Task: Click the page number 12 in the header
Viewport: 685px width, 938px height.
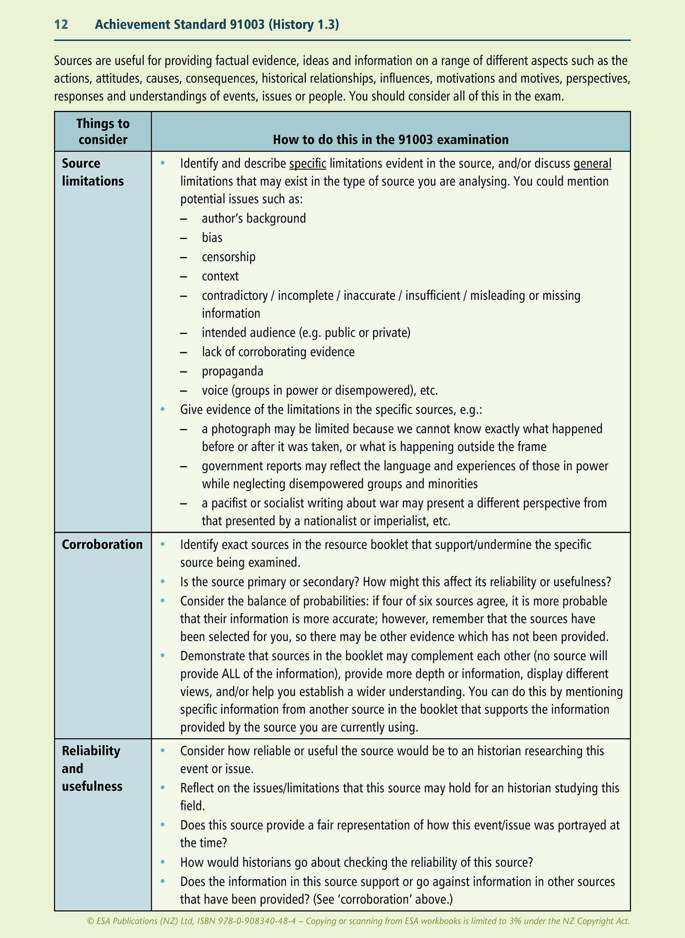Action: pos(61,25)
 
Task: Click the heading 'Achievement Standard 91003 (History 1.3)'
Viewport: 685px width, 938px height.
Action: pos(217,25)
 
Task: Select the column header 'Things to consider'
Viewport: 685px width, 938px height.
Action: pos(103,131)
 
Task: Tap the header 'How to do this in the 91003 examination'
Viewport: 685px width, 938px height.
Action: pos(391,139)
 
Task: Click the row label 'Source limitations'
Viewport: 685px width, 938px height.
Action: pos(92,172)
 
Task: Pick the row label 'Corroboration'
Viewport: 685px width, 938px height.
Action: pos(102,545)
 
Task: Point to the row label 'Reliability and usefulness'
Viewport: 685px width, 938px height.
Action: pos(92,769)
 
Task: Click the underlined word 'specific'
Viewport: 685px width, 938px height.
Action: pos(308,164)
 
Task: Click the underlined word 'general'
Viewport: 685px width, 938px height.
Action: pos(592,164)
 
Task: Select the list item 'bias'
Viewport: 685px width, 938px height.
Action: pos(212,238)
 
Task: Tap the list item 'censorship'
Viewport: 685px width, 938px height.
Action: pos(228,257)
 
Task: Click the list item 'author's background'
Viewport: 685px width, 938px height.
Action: pos(254,218)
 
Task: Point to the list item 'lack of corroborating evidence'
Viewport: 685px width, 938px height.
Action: pos(278,352)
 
